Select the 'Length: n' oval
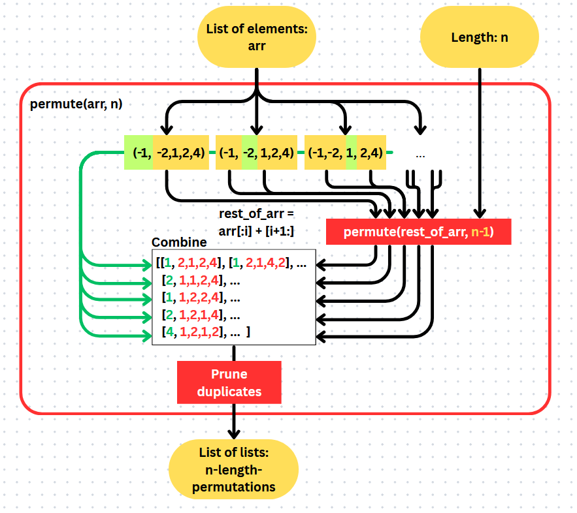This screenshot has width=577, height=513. tap(479, 37)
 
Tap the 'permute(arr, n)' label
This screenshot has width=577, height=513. tap(76, 104)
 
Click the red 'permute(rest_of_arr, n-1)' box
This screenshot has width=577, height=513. tap(418, 232)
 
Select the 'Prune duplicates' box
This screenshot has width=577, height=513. tap(229, 382)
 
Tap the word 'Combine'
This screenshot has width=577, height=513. tap(179, 242)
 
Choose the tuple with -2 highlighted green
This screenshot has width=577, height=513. tap(256, 153)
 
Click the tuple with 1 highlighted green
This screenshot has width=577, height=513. tap(345, 153)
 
